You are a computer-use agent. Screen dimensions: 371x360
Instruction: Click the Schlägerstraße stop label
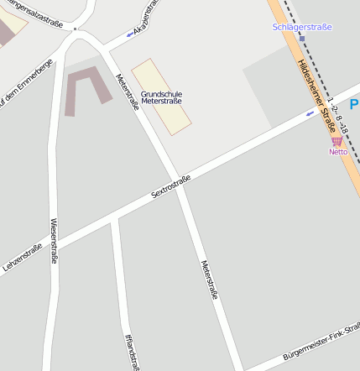[302, 27]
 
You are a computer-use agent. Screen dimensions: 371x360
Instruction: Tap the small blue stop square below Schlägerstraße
[301, 39]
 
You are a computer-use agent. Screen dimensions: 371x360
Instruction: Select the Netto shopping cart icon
[337, 141]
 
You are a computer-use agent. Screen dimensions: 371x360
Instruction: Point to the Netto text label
[338, 152]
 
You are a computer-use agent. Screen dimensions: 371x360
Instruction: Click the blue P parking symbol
[354, 105]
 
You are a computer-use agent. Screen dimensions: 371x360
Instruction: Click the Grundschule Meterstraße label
[162, 97]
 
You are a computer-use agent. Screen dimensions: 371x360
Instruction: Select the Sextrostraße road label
[170, 186]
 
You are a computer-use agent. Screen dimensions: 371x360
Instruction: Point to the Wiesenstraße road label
[54, 241]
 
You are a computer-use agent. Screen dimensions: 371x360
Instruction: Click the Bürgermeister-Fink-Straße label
[322, 347]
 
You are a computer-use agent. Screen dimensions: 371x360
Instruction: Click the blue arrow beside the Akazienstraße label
[130, 34]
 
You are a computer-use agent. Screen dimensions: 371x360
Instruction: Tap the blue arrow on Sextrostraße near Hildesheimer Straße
[310, 112]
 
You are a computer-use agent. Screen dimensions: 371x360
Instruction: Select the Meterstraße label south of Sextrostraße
[210, 280]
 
